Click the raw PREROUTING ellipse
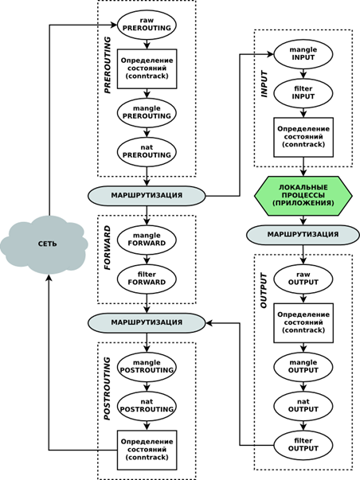tap(147, 25)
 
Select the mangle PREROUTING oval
tap(147, 113)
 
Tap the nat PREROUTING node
tap(147, 152)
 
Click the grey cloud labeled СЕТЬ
tap(44, 244)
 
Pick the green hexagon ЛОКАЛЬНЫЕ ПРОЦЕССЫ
tap(303, 196)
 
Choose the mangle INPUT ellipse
tap(303, 54)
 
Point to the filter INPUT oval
tap(303, 93)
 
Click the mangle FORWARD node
tap(147, 240)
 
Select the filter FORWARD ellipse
tap(147, 279)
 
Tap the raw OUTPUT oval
tap(303, 279)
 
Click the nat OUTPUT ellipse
tap(303, 406)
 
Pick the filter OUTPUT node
tap(303, 445)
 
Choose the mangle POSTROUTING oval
tap(147, 367)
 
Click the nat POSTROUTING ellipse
tap(147, 406)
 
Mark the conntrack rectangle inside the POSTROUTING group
tap(147, 450)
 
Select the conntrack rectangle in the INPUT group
tap(303, 137)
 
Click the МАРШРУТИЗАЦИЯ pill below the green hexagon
tap(303, 235)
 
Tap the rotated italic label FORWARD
tap(108, 248)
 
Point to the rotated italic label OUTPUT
tap(264, 291)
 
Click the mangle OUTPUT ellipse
tap(303, 367)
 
